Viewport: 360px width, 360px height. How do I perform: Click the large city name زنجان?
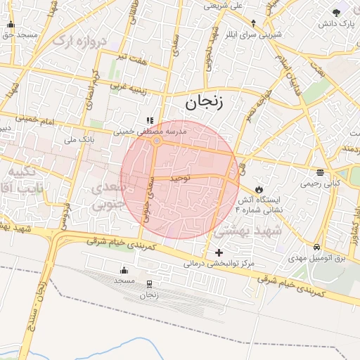click(204, 104)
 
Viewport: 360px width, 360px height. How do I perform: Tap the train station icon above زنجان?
click(149, 285)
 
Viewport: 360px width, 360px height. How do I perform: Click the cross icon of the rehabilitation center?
click(219, 252)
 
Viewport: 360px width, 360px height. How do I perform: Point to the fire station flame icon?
click(259, 189)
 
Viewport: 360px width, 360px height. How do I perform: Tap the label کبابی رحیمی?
click(320, 184)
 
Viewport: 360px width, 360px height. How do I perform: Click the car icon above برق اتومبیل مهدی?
click(318, 247)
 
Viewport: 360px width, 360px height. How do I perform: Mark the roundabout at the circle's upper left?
click(157, 141)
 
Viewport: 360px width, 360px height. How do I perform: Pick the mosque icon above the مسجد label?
click(124, 270)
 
